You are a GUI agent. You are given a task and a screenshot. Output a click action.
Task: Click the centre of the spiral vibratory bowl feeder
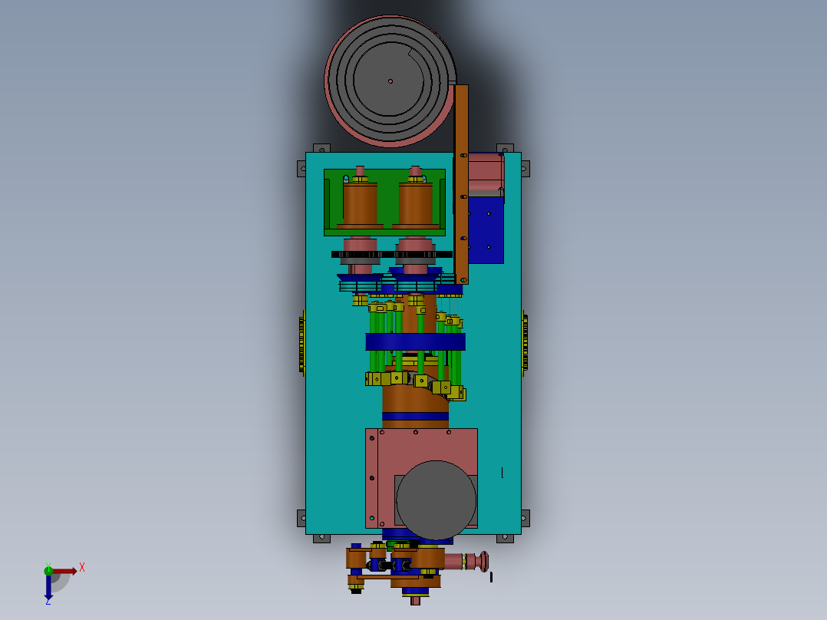pyautogui.click(x=390, y=81)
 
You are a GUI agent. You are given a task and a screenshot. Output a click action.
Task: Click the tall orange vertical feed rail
pyautogui.click(x=461, y=184)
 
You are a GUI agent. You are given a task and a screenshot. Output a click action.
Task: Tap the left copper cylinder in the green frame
pyautogui.click(x=360, y=203)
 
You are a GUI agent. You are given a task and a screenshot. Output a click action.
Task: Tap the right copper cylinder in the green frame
pyautogui.click(x=416, y=203)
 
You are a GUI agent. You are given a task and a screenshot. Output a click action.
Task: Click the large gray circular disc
pyautogui.click(x=436, y=500)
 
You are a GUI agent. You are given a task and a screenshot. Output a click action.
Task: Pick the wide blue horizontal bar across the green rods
pyautogui.click(x=415, y=341)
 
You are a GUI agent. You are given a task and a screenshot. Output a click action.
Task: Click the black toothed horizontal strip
pyautogui.click(x=391, y=254)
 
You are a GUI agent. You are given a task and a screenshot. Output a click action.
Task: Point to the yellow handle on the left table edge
pyautogui.click(x=302, y=342)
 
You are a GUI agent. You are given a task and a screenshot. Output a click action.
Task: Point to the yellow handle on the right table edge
pyautogui.click(x=526, y=342)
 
